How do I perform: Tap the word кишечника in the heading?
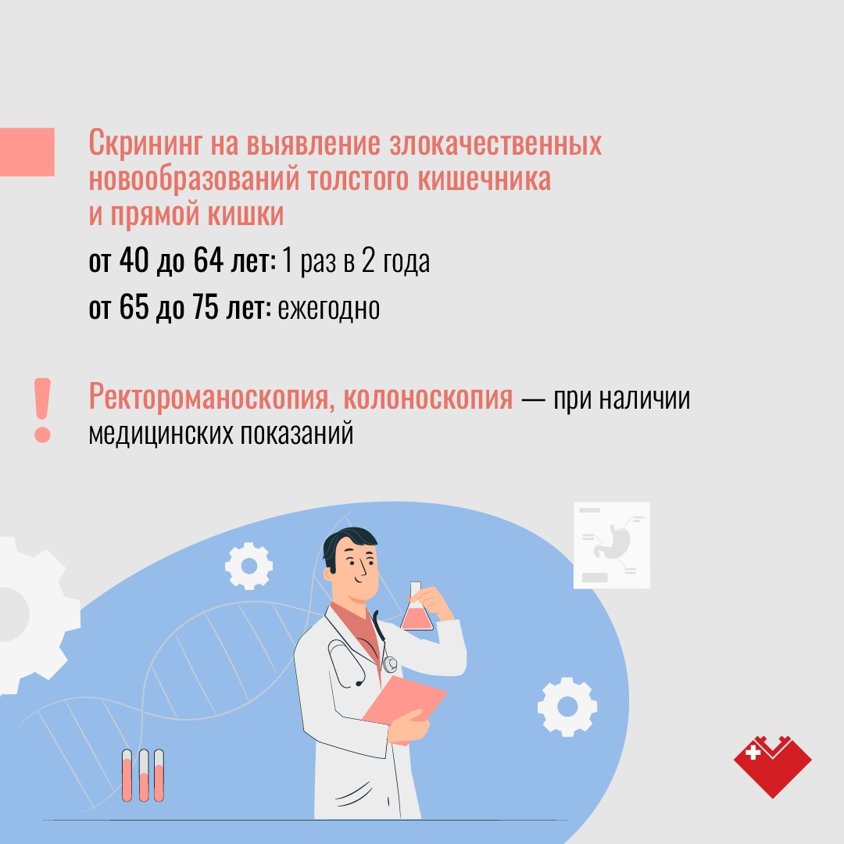(485, 179)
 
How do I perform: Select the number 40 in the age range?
(134, 260)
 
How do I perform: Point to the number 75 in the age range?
(205, 307)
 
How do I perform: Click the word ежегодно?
(329, 309)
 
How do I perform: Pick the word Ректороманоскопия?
(212, 398)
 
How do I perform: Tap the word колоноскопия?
(428, 399)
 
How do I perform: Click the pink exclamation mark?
(42, 410)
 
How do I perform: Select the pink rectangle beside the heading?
(27, 152)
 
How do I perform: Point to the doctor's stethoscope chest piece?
(390, 663)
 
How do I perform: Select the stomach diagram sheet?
(612, 545)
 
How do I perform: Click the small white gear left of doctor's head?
(249, 567)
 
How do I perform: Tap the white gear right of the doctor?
(567, 706)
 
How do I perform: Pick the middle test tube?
(144, 776)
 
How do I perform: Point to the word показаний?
(297, 433)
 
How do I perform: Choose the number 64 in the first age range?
(209, 260)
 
